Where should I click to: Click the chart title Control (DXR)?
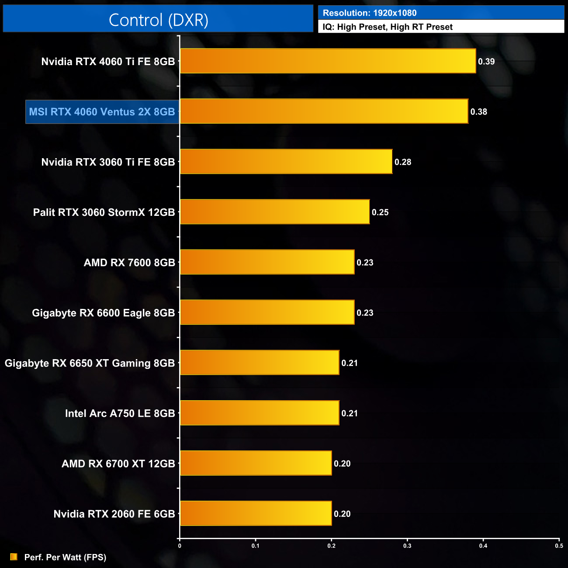pos(158,20)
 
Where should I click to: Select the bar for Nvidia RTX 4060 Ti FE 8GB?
pos(328,61)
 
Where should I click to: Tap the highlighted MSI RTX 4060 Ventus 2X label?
pos(102,112)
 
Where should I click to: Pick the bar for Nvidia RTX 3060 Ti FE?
pos(286,162)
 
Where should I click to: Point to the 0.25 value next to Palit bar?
pos(380,212)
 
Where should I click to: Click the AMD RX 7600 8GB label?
pos(129,263)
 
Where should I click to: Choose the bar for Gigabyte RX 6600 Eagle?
pos(267,312)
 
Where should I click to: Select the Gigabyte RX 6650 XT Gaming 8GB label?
pos(90,363)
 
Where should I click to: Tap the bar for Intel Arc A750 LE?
pos(260,413)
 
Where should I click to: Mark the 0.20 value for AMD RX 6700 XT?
pos(342,464)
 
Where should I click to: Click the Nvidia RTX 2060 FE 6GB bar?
pos(256,513)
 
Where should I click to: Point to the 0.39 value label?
pos(486,62)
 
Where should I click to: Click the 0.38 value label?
pos(479,112)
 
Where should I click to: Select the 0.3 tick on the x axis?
pos(407,545)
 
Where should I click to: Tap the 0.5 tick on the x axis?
pos(559,545)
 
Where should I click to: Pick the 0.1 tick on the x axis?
pos(256,545)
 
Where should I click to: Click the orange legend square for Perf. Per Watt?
pos(14,557)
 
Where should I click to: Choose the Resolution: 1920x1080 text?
pos(370,13)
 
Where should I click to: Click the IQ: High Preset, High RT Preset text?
pos(388,27)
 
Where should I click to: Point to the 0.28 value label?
pos(403,162)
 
